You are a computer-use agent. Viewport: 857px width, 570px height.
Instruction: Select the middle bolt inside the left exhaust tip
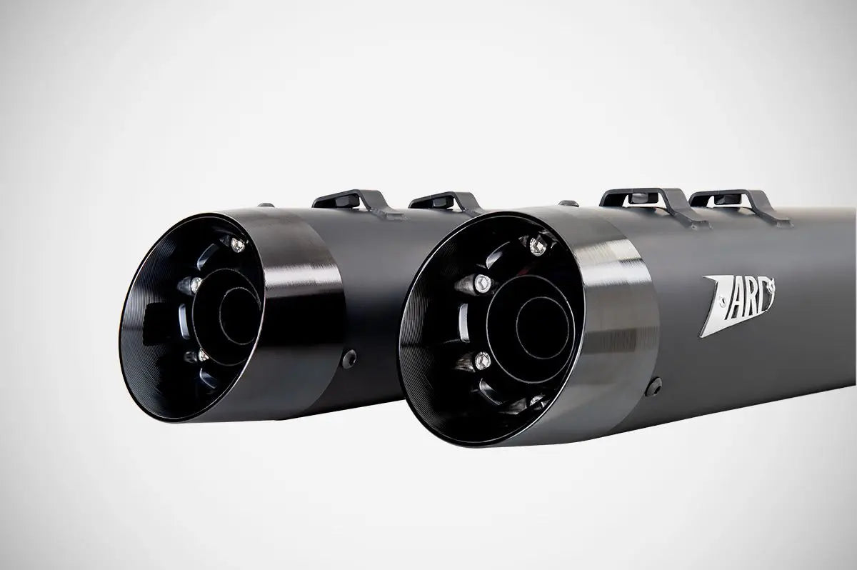(x=189, y=285)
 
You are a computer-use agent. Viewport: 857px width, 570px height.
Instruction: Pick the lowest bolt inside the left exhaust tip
(x=202, y=354)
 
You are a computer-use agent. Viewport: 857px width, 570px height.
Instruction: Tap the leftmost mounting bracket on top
(x=342, y=199)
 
